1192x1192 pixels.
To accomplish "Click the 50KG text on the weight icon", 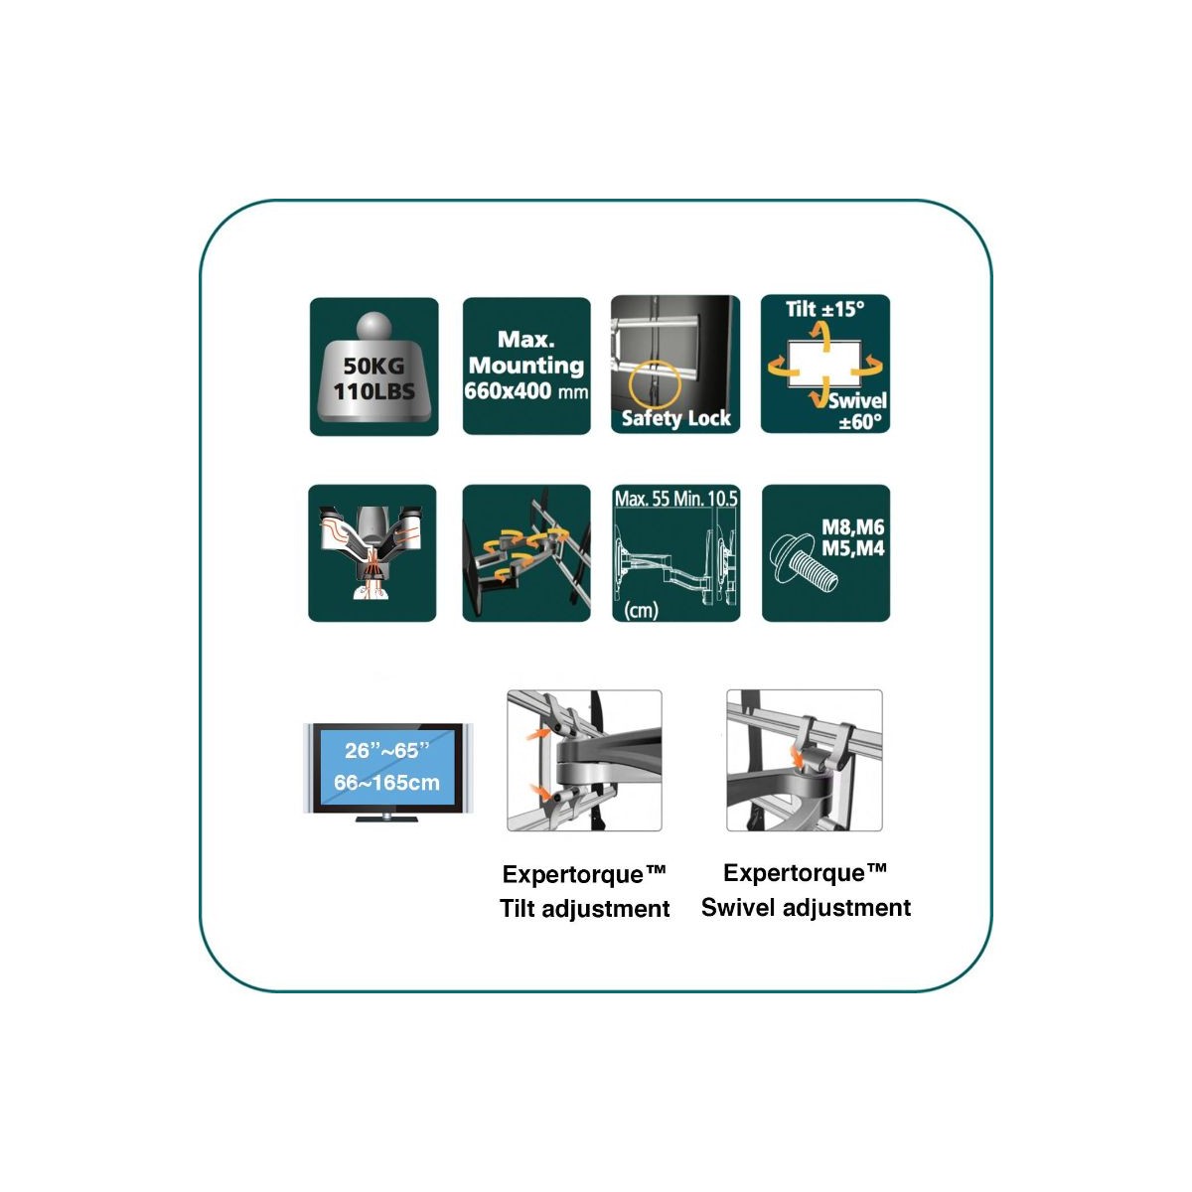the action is [x=373, y=366].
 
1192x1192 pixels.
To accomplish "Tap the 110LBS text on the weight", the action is [x=374, y=391].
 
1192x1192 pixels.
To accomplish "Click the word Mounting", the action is [x=526, y=366].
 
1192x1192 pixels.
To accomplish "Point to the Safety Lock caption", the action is [x=676, y=418].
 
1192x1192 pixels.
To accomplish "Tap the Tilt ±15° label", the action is [x=825, y=309].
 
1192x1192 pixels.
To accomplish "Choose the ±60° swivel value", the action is [x=860, y=422].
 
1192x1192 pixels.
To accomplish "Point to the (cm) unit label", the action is [x=641, y=611].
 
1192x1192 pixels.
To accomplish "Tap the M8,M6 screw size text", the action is [x=852, y=527].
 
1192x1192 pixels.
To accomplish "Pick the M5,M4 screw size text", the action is [x=852, y=548].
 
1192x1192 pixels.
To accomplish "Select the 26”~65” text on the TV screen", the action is [x=386, y=750].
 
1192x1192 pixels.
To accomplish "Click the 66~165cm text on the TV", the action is [x=386, y=783].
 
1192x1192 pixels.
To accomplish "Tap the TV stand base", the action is [x=386, y=819].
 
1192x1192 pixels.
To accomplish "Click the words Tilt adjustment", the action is [x=584, y=909].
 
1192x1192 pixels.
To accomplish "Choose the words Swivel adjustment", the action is [x=806, y=908].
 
